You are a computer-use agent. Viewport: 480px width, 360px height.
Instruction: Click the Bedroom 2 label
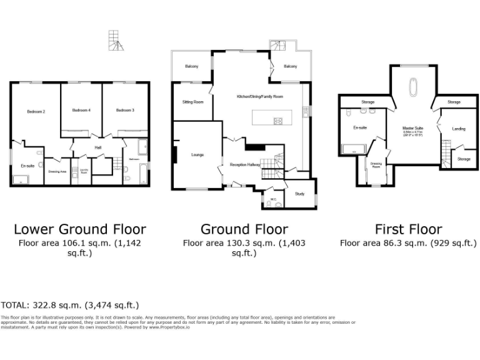coord(36,111)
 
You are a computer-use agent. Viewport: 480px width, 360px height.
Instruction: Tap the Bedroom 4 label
coord(81,110)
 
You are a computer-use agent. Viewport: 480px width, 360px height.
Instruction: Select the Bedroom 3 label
coord(125,110)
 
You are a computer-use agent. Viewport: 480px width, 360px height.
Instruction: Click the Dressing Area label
coord(57,170)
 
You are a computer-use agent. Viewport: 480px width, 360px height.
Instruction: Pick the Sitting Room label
coord(192,101)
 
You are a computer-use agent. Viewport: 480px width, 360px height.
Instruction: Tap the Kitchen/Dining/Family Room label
coord(260,97)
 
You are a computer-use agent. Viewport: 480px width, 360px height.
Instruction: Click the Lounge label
coord(197,154)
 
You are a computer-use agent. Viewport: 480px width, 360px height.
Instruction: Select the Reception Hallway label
coord(244,164)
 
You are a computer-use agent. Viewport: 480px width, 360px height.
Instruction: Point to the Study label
coord(299,194)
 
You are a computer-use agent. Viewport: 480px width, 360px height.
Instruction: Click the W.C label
coord(273,199)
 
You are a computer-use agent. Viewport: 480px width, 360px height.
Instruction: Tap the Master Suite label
coord(412,127)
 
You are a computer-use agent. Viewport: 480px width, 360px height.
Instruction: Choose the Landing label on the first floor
coord(458,129)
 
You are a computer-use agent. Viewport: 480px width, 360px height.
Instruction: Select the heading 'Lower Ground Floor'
coord(80,229)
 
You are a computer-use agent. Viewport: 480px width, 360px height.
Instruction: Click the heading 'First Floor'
coord(408,229)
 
